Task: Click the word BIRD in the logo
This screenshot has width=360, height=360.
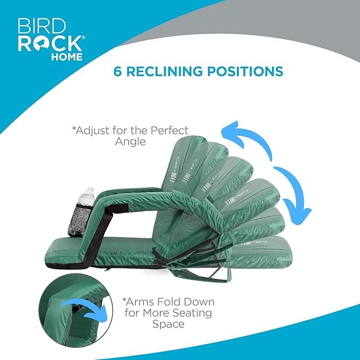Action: click(x=41, y=26)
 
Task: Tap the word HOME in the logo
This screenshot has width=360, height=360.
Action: click(x=67, y=57)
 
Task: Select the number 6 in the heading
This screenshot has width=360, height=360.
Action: click(x=117, y=71)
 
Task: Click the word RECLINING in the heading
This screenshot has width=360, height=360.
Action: click(x=164, y=71)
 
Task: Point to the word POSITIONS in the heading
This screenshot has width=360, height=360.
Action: click(x=245, y=71)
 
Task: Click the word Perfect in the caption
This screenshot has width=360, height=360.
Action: click(x=169, y=130)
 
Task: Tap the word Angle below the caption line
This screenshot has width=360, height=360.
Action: click(x=130, y=142)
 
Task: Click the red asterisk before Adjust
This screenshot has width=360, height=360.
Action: click(x=74, y=128)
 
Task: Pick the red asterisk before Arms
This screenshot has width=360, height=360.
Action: click(x=124, y=300)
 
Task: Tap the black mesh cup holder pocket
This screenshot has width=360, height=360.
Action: click(x=79, y=220)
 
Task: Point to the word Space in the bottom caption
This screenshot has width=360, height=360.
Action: click(x=168, y=324)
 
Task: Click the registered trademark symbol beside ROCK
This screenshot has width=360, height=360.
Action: click(x=83, y=37)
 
